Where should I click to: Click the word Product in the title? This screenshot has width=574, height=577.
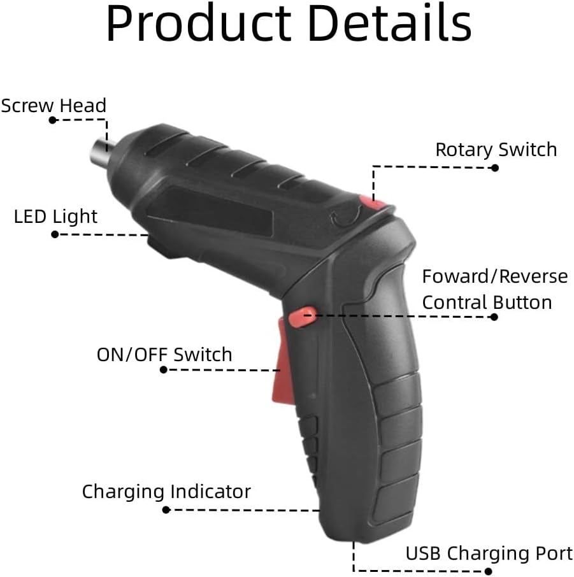(199, 23)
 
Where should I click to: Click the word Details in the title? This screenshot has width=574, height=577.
(390, 23)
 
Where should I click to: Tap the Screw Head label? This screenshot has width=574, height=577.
(54, 106)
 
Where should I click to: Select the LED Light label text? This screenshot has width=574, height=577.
(55, 217)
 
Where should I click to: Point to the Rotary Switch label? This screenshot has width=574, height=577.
(496, 150)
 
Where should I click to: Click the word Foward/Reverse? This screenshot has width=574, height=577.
(495, 276)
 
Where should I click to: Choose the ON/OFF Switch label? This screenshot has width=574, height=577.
(164, 355)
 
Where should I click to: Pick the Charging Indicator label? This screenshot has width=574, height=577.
(166, 492)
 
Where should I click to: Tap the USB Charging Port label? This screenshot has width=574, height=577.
(489, 553)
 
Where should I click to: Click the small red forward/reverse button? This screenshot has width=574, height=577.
(302, 317)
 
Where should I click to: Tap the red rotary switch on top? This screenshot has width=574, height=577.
(373, 203)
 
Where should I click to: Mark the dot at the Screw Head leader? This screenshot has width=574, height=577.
(53, 120)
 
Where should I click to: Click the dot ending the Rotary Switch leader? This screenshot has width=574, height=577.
(495, 167)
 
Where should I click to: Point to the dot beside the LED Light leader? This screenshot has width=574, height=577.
(55, 234)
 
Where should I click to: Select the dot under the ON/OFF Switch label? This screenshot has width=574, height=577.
(164, 369)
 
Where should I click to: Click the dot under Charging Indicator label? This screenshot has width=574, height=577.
(166, 509)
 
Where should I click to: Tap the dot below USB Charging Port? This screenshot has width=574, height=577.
(488, 571)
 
